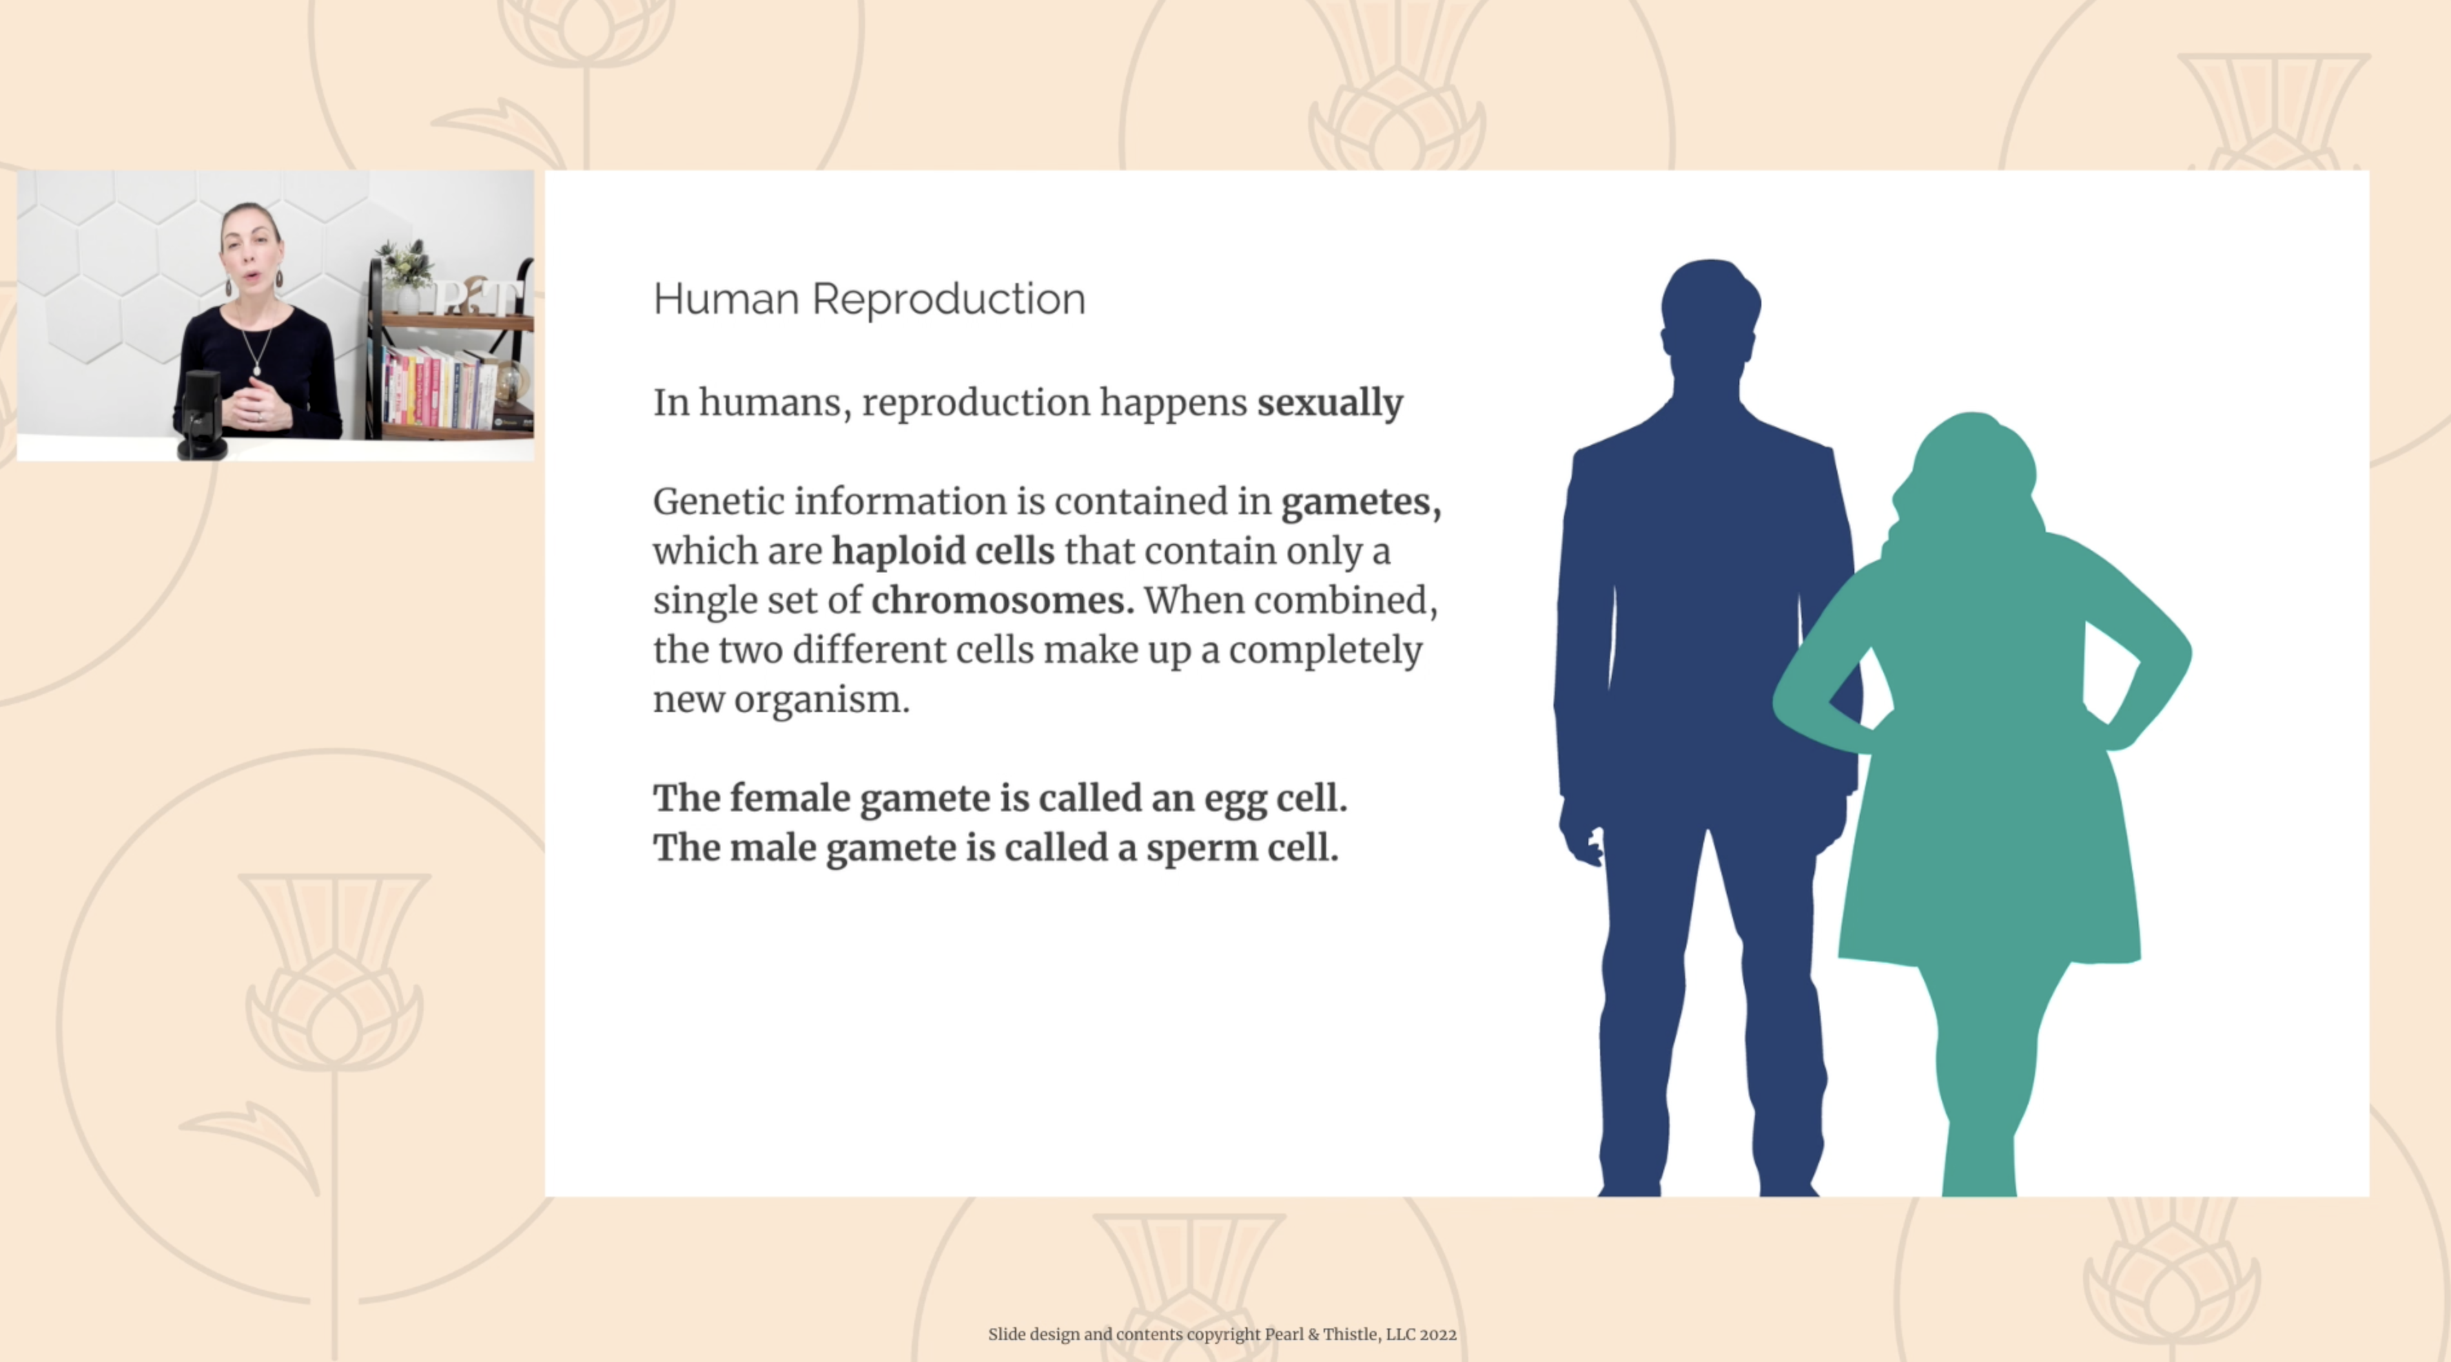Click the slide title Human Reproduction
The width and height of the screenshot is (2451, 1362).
868,299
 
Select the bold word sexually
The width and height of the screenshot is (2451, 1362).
1329,403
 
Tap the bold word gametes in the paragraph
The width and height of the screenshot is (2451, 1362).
1360,501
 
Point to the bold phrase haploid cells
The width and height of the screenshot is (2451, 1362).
943,551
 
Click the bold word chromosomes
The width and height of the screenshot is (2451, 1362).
1003,601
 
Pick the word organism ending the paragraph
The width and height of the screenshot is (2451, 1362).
821,700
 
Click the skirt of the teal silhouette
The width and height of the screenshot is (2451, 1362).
1989,875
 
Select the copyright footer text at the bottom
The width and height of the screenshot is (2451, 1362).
1222,1334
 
